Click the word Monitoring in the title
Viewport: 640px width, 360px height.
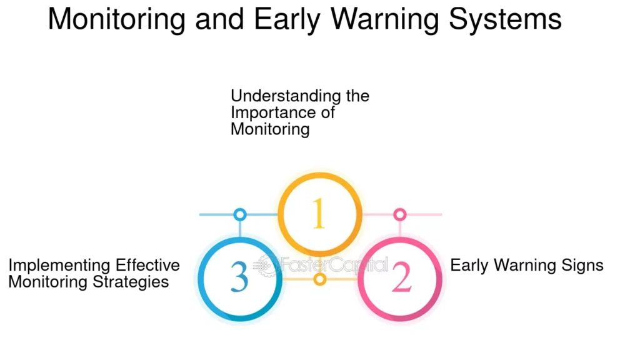point(117,19)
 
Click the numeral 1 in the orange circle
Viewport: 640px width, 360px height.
point(319,214)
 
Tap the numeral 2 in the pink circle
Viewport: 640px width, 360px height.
point(401,277)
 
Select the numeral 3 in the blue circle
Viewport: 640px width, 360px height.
point(239,277)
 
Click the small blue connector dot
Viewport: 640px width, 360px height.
point(240,214)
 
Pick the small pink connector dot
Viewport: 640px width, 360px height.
point(400,214)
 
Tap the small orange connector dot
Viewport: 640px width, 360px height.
point(320,279)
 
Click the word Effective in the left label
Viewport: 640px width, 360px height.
point(147,265)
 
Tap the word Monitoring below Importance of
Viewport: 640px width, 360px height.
point(270,130)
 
